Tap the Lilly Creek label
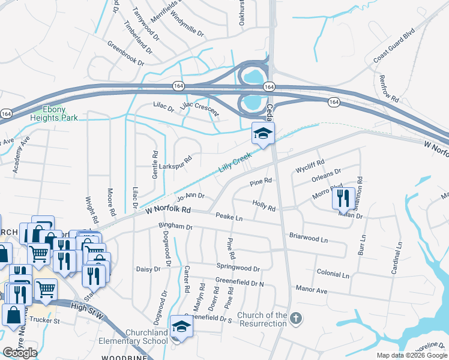pyautogui.click(x=234, y=163)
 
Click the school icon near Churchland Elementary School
pyautogui.click(x=179, y=326)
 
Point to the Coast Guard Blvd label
pyautogui.click(x=394, y=45)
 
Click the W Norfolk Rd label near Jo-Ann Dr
pyautogui.click(x=168, y=211)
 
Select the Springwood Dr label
pyautogui.click(x=238, y=269)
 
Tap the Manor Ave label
pyautogui.click(x=311, y=290)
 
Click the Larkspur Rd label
pyautogui.click(x=175, y=163)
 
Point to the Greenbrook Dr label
pyautogui.click(x=126, y=53)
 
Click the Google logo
pyautogui.click(x=20, y=353)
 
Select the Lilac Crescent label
pyautogui.click(x=200, y=106)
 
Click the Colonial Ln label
pyautogui.click(x=333, y=274)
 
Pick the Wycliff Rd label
pyautogui.click(x=310, y=166)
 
